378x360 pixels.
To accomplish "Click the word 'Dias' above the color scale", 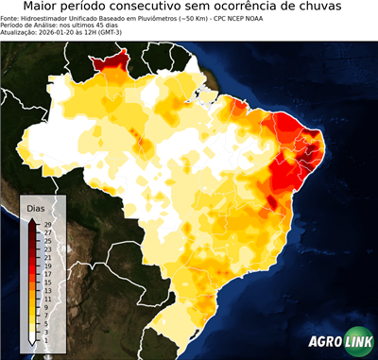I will click(x=36, y=207).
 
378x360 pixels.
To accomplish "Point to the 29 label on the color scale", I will click(x=46, y=223).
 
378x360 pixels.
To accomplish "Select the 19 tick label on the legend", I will click(x=46, y=268).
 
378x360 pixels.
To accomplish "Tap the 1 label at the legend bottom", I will click(x=46, y=341).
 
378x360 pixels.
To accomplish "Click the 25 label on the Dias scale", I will click(x=46, y=240).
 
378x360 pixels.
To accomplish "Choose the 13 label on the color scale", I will click(x=46, y=291).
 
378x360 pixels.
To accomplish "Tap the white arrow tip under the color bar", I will click(x=32, y=343).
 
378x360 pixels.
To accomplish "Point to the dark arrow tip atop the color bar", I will click(x=32, y=219).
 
